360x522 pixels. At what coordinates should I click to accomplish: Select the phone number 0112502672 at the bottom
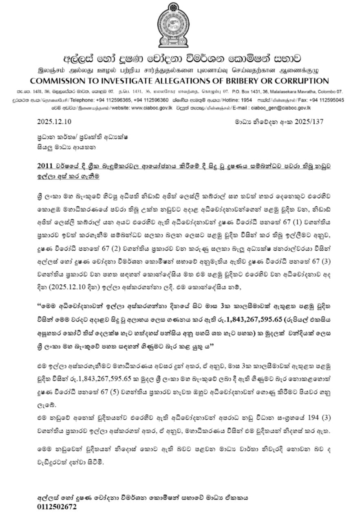point(57,507)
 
